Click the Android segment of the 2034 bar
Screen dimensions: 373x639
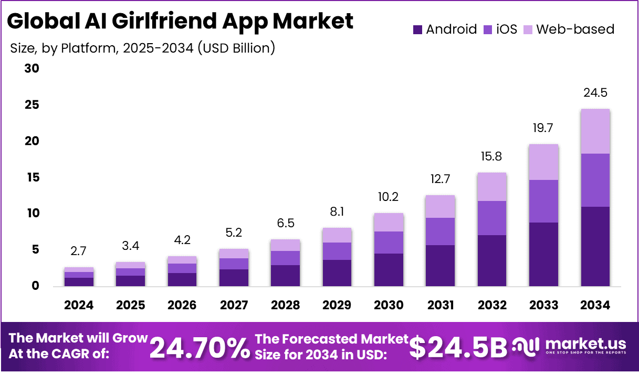click(595, 246)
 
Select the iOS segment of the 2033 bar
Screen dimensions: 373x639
click(543, 201)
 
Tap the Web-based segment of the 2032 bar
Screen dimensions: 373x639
click(492, 187)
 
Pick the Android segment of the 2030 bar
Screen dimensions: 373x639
click(389, 269)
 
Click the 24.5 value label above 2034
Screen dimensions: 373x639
click(595, 93)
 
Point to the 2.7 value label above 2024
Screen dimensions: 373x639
click(79, 251)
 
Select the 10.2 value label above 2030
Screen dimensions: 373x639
click(389, 197)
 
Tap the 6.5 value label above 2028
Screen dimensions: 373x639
click(285, 223)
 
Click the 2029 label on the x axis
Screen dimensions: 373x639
click(337, 305)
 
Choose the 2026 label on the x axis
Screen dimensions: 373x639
click(182, 305)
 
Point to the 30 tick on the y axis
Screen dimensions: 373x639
click(32, 69)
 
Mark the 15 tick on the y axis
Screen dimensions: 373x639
click(32, 178)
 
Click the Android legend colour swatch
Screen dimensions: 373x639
click(417, 29)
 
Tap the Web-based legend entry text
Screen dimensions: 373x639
click(575, 29)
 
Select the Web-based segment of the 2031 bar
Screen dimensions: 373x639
click(440, 206)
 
